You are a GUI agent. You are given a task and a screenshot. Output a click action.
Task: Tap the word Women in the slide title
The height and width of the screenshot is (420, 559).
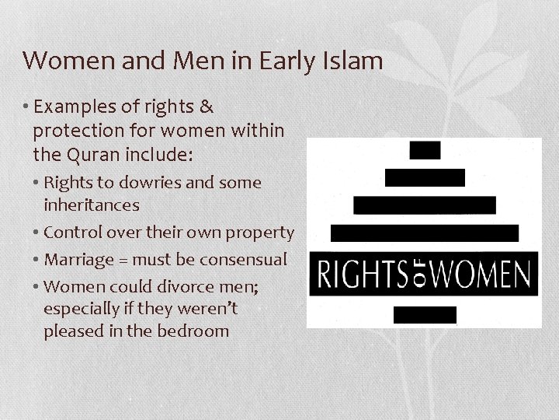(61, 60)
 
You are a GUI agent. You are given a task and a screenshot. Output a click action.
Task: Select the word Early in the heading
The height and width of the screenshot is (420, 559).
(286, 60)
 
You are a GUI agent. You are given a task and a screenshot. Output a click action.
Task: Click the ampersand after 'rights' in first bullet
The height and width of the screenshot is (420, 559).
(206, 106)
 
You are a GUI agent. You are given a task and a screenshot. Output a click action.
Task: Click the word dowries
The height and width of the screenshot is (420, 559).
(141, 184)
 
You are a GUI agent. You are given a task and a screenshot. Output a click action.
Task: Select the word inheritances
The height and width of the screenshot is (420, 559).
(92, 205)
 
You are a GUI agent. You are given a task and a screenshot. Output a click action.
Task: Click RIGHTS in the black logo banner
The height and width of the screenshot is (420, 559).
(362, 274)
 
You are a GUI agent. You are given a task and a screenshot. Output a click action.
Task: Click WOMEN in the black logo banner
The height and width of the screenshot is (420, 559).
(481, 274)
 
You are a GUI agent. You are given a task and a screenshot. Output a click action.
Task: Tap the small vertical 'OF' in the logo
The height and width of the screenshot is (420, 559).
(419, 274)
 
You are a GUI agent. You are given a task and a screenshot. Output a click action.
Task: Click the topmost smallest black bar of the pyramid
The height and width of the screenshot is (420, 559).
(425, 150)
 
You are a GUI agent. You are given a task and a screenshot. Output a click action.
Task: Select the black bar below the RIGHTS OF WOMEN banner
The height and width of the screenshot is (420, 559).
(425, 315)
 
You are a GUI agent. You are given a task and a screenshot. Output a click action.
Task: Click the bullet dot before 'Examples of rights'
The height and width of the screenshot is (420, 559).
(29, 107)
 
